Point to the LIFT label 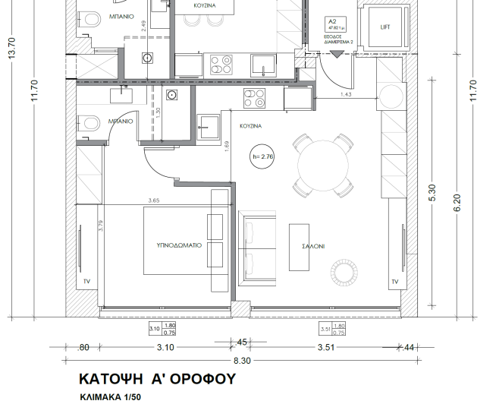click(x=385, y=27)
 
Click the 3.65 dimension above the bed click(x=154, y=201)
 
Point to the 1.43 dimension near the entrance click(x=346, y=94)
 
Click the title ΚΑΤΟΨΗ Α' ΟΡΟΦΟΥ click(x=157, y=379)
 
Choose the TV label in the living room click(x=394, y=282)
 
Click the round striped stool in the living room click(x=338, y=270)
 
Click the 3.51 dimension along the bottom click(x=327, y=347)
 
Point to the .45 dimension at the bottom click(x=242, y=341)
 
